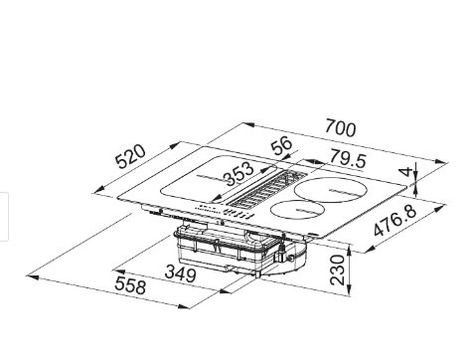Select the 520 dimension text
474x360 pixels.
(x=131, y=156)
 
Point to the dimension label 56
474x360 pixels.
(x=281, y=146)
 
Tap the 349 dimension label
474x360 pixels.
(x=179, y=272)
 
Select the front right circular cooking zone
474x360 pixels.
(x=295, y=211)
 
